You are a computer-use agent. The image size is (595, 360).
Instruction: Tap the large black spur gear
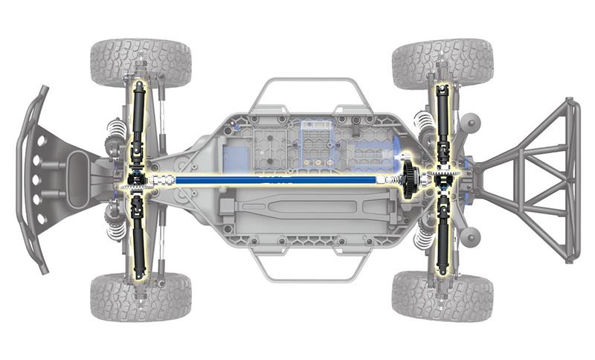click(410, 179)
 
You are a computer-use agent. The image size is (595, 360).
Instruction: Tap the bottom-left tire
click(141, 297)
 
